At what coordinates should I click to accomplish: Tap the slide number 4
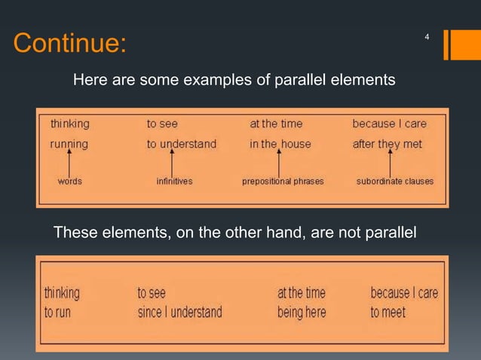427,37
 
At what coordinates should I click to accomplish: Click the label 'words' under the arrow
70,182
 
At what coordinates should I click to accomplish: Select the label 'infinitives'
173,182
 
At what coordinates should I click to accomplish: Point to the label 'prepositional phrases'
280,182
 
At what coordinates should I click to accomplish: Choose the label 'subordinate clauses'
394,182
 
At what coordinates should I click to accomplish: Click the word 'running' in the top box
69,143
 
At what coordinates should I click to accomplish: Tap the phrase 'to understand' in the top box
181,143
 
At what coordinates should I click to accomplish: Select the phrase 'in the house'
280,143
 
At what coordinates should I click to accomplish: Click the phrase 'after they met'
388,143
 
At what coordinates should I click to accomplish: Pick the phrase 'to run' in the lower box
57,312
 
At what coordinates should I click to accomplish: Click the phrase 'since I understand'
179,312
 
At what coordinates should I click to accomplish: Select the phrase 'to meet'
388,312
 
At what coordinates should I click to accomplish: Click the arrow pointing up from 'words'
69,163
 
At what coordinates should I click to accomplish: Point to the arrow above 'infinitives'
172,163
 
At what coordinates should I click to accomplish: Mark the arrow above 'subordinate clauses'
390,163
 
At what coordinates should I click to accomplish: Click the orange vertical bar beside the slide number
448,44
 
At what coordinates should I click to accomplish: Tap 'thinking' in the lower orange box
62,292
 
